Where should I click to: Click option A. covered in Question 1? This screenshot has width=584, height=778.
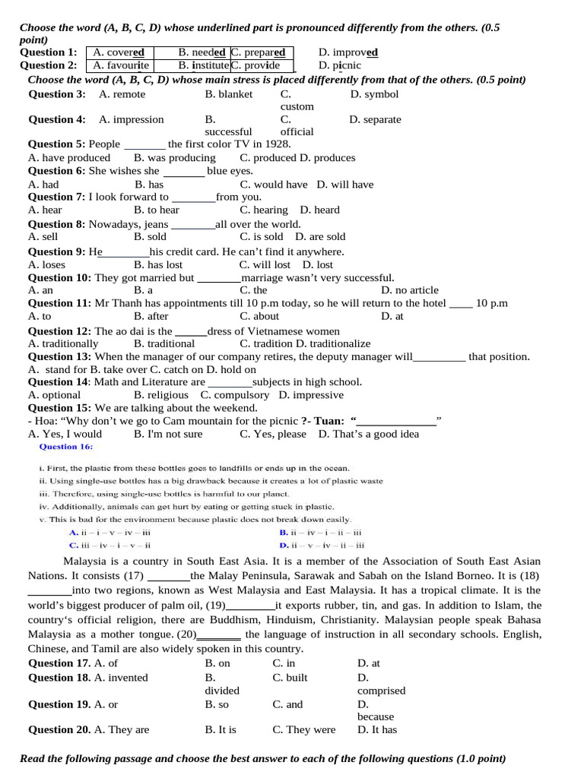(x=119, y=52)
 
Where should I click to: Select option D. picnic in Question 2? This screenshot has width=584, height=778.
(x=340, y=65)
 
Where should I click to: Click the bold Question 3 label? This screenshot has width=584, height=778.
(x=57, y=94)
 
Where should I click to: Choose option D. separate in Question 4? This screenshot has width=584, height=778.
(x=375, y=119)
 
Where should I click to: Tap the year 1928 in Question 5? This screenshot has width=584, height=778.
(x=275, y=144)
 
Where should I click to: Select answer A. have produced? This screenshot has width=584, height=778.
(x=69, y=157)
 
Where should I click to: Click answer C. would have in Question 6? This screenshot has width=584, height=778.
(x=274, y=184)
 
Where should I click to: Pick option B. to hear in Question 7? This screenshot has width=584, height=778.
(x=157, y=210)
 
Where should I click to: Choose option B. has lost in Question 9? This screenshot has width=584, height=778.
(x=158, y=264)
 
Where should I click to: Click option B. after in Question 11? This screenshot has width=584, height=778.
(x=151, y=316)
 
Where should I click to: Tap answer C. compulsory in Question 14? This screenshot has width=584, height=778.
(x=235, y=394)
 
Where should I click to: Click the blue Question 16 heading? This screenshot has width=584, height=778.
(x=71, y=447)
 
